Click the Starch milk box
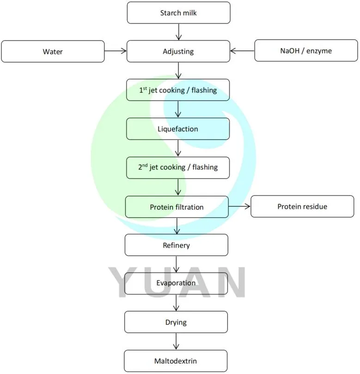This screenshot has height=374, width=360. (178, 13)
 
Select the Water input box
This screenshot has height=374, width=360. (53, 51)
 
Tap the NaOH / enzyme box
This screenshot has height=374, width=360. (305, 51)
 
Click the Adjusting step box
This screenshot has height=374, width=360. (178, 51)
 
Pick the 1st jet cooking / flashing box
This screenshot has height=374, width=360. (178, 90)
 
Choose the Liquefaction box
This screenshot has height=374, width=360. (178, 129)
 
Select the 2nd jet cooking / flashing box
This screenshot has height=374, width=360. (178, 168)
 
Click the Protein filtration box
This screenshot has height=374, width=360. (177, 207)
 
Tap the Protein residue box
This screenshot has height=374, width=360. (302, 206)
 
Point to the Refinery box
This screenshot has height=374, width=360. (176, 245)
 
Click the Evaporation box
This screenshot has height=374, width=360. (176, 283)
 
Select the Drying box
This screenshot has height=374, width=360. (176, 322)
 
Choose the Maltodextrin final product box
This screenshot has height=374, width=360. (176, 361)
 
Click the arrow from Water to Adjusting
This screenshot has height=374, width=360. (116, 51)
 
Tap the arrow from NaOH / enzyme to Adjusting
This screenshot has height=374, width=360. (242, 51)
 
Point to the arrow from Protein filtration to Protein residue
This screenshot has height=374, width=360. (239, 207)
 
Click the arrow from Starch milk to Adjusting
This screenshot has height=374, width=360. (178, 32)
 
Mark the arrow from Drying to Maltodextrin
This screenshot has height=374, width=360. (176, 341)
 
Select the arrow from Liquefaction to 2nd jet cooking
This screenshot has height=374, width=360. (178, 148)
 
